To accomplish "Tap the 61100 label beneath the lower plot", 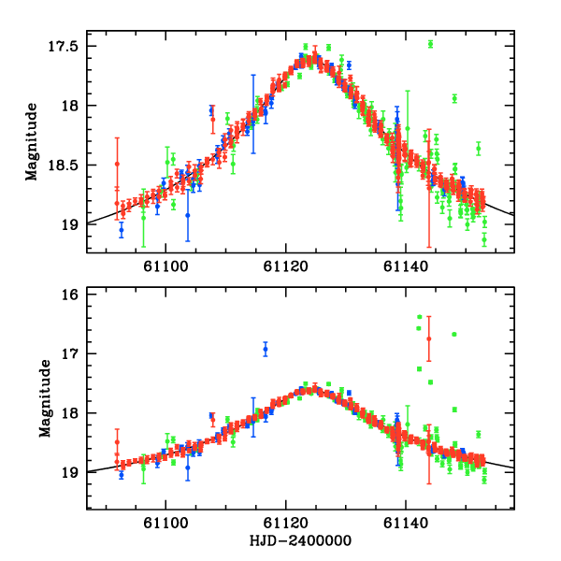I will coord(165,525).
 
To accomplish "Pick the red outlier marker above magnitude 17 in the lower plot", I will coord(428,338).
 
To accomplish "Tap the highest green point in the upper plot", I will coord(430,44).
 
